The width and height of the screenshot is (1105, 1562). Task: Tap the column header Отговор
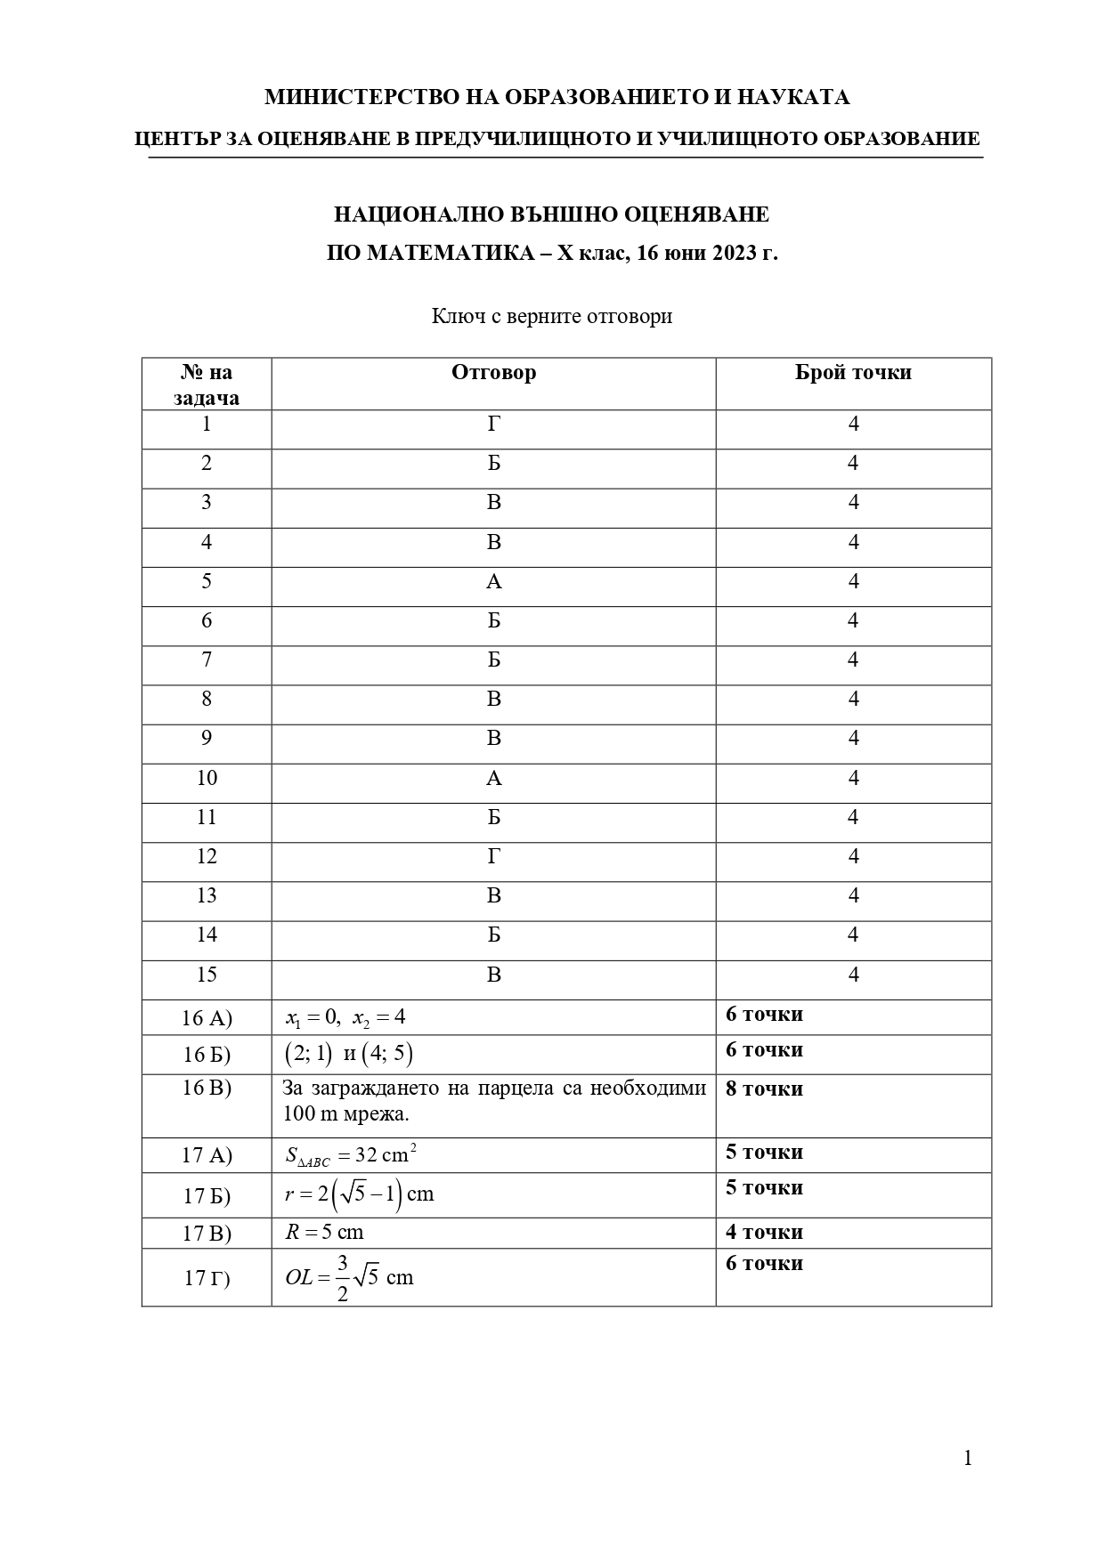coord(493,372)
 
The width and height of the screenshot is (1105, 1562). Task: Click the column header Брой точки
coord(853,372)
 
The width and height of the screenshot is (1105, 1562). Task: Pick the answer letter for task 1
coord(494,425)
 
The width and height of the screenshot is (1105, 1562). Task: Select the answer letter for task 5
coord(494,582)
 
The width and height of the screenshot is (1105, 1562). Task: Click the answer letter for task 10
coord(494,779)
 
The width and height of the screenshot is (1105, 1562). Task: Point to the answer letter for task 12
coord(494,857)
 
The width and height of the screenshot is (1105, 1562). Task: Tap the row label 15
coord(207,975)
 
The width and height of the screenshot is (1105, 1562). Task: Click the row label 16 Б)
coord(207,1055)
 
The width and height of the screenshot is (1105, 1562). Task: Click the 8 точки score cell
coord(764,1089)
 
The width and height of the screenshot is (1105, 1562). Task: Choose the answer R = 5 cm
coord(324,1233)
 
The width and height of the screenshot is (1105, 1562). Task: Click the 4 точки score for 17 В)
coord(764,1233)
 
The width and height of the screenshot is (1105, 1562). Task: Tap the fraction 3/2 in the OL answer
coord(343,1278)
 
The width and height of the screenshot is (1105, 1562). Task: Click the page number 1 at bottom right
coord(968,1458)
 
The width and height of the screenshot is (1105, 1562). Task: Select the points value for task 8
coord(853,700)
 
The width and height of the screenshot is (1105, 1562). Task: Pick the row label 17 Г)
coord(207,1278)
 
